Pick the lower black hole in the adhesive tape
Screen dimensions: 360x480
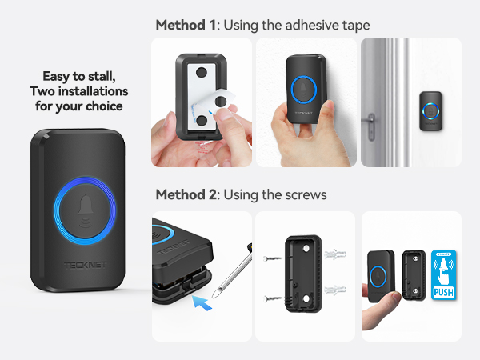point(201,121)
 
